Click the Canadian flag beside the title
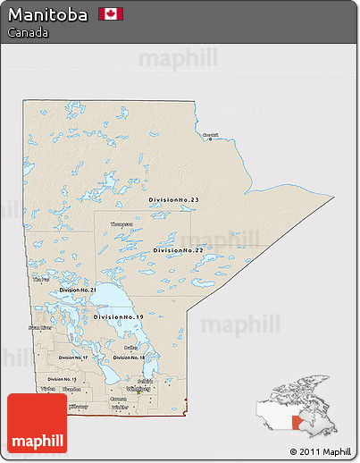coord(112,13)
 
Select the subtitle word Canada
coord(27,32)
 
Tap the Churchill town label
coord(210,135)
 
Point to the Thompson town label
coord(121,224)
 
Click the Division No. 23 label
coord(174,199)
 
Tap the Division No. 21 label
coord(78,290)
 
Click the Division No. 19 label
coord(117,317)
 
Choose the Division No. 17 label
coord(74,358)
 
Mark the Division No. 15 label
coord(63,379)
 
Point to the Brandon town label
coord(72,390)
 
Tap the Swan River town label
coord(40,327)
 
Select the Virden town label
coord(48,390)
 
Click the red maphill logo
coord(37,424)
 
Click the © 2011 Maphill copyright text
coord(320,451)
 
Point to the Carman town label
coord(118,399)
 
